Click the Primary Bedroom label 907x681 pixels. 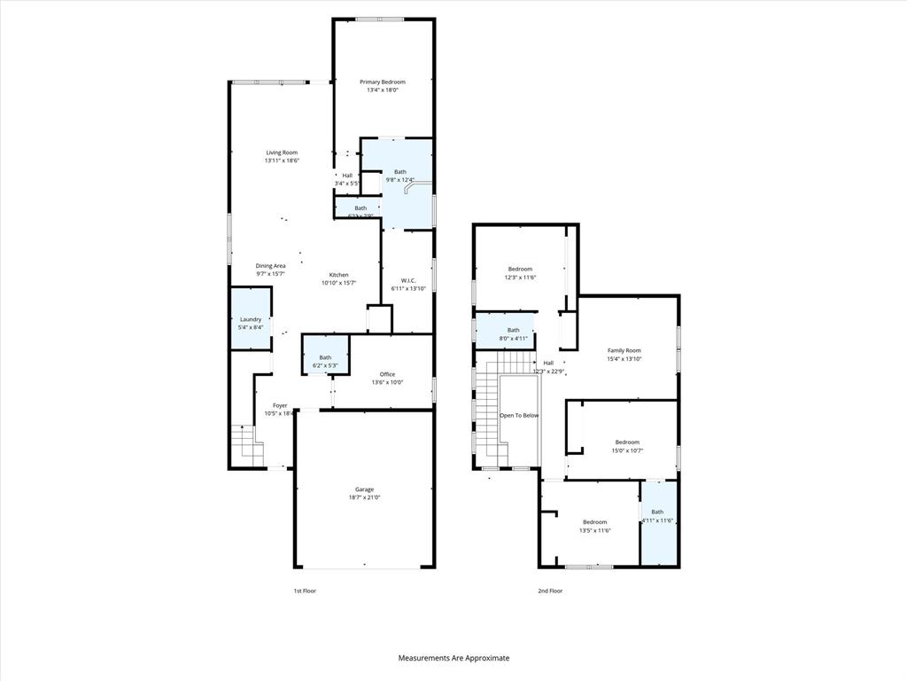[382, 82]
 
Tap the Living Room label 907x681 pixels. [282, 153]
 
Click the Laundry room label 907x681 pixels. [250, 319]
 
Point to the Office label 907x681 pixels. [387, 374]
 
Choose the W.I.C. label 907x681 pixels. [408, 280]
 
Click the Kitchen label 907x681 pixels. [338, 275]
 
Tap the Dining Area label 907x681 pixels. [270, 266]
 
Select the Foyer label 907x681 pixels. [279, 405]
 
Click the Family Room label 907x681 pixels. [624, 350]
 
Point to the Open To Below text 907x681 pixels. [518, 415]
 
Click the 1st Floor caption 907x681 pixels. [305, 591]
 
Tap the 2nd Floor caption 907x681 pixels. [549, 591]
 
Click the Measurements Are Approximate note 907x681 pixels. [453, 658]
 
